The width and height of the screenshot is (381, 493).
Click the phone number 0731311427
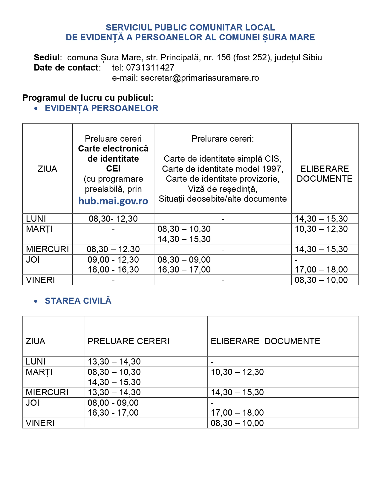[x=150, y=68]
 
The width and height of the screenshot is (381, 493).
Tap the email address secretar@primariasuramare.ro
[x=200, y=78]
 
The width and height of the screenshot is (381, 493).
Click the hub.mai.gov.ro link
[x=113, y=201]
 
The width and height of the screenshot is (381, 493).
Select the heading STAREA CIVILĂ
[x=78, y=301]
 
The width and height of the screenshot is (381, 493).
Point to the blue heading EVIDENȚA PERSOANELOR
[x=101, y=108]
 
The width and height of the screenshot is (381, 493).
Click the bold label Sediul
[x=47, y=57]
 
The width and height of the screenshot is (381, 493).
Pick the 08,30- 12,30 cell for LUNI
[x=113, y=219]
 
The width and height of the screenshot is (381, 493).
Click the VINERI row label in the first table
[x=40, y=280]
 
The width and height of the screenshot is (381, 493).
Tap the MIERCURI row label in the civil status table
[x=47, y=392]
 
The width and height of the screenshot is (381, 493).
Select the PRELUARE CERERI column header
[x=128, y=341]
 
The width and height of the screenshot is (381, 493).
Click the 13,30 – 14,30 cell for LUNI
[x=114, y=362]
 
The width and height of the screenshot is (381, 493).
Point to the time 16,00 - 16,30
[x=113, y=270]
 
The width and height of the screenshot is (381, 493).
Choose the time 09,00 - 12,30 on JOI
[x=113, y=260]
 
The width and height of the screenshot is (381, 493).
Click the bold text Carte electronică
[x=113, y=148]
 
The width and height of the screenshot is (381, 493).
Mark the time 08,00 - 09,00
[x=113, y=403]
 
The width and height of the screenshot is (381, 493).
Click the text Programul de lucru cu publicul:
[x=88, y=98]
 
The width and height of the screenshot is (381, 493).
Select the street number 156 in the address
[x=224, y=57]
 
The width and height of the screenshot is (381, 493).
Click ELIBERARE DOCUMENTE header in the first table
[x=325, y=174]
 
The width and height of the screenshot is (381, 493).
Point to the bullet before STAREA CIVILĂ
[x=36, y=301]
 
